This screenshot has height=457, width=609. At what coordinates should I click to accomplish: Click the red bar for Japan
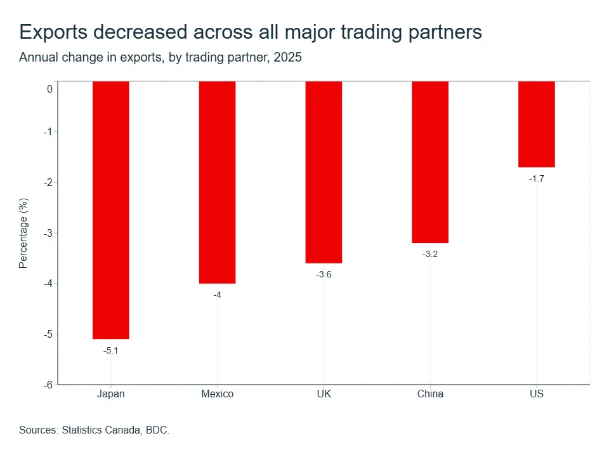[x=110, y=210]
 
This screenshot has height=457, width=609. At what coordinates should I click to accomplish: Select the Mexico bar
[x=217, y=182]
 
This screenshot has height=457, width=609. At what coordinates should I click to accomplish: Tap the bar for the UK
[x=324, y=172]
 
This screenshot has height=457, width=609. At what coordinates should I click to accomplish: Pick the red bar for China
[x=430, y=162]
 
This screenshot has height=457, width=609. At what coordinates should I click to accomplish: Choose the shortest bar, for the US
[x=537, y=124]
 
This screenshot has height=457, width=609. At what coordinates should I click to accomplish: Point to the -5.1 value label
[x=110, y=350]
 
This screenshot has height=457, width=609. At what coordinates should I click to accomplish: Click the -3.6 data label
[x=324, y=274]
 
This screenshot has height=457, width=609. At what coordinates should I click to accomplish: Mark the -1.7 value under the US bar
[x=537, y=178]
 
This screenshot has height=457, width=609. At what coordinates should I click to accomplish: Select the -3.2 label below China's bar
[x=430, y=254]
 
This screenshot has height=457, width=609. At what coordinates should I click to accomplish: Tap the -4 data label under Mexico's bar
[x=217, y=295]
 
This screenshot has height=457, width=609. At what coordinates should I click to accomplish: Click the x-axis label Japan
[x=110, y=394]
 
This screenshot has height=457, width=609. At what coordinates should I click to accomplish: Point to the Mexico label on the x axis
[x=217, y=394]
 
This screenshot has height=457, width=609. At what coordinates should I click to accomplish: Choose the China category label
[x=430, y=394]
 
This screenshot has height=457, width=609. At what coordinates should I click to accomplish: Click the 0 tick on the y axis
[x=49, y=89]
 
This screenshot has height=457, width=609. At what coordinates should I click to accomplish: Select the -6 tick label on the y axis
[x=48, y=385]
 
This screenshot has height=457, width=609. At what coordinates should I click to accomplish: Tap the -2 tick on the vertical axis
[x=48, y=183]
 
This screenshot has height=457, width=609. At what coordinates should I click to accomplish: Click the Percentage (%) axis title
[x=23, y=233]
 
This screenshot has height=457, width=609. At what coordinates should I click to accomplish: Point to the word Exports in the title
[x=53, y=32]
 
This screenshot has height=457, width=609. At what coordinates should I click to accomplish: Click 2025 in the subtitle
[x=287, y=57]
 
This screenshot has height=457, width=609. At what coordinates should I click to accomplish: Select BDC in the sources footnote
[x=157, y=430]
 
